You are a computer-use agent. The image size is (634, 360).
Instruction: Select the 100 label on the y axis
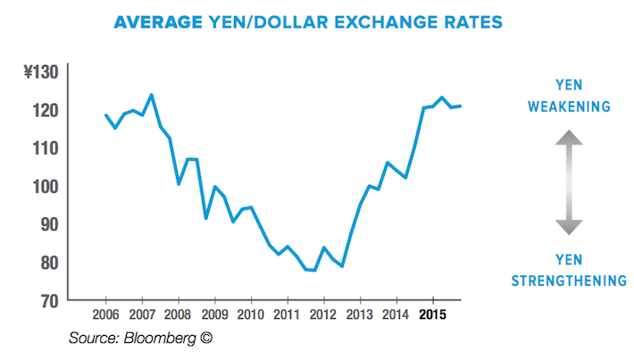point(43,186)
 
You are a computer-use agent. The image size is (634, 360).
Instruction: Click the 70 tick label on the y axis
point(46,299)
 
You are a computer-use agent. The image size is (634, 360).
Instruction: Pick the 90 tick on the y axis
point(46,224)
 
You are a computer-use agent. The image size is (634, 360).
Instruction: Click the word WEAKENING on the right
point(569,107)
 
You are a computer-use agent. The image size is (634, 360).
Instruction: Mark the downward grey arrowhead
point(569,229)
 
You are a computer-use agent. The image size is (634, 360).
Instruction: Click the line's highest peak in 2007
point(151,95)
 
